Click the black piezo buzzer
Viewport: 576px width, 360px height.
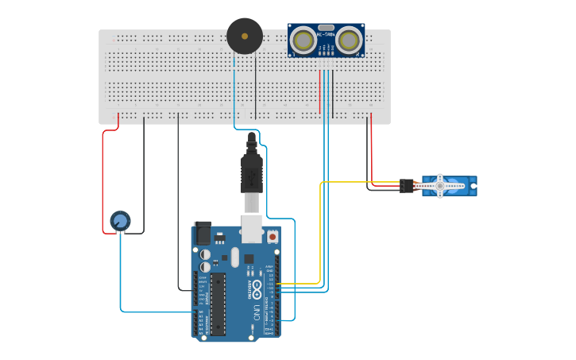(x=244, y=36)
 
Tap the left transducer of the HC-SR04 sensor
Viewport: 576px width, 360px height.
(x=303, y=40)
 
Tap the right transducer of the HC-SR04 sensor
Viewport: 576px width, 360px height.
(x=349, y=40)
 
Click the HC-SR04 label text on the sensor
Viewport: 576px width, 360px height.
(x=326, y=33)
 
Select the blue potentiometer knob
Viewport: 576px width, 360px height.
(x=120, y=220)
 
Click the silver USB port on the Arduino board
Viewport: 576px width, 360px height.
(x=253, y=230)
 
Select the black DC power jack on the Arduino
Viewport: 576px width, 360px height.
(x=203, y=234)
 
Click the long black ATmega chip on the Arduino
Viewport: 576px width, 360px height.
(x=217, y=303)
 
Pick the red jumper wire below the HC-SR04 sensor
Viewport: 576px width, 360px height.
(x=320, y=91)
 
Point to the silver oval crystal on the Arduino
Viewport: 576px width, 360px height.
(x=234, y=257)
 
